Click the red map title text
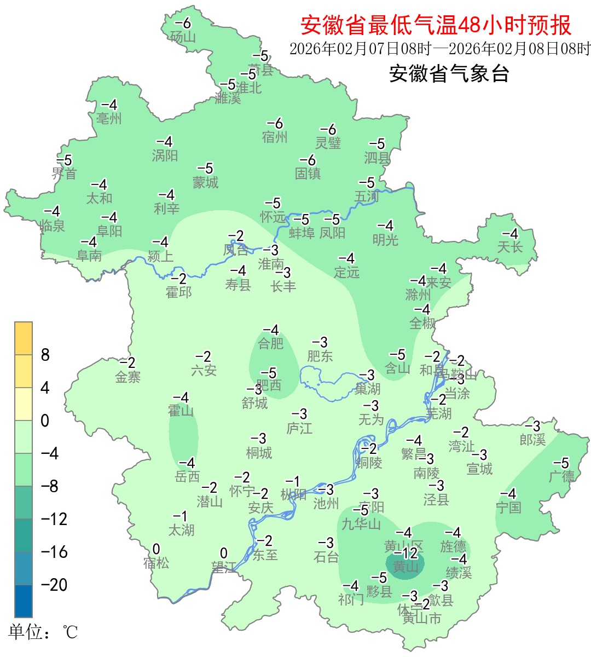436,25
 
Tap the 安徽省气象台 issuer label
449,73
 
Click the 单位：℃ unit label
43,632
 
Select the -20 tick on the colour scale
54,585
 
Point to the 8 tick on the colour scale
45,355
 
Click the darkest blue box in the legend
24,601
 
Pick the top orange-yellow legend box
24,338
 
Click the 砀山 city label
183,37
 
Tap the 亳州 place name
109,119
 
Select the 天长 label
510,247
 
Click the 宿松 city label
157,563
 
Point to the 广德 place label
561,476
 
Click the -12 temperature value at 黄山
406,553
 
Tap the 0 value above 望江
223,554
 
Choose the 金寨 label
128,377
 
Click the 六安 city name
204,371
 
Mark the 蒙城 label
205,182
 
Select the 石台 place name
326,557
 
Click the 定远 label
347,272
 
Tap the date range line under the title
440,49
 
